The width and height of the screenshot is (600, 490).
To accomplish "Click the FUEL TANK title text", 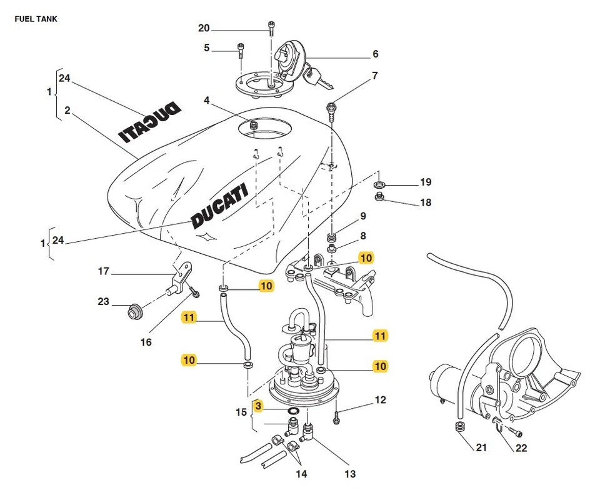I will coord(36,19).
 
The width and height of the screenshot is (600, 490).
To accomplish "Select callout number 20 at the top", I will coord(204,28).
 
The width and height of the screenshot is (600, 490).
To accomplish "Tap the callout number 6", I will coord(375,54).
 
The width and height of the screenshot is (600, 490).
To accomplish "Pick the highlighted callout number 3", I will coord(258,406).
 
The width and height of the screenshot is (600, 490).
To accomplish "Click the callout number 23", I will coord(103,302).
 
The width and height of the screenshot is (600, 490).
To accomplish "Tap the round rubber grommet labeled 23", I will coord(132,311).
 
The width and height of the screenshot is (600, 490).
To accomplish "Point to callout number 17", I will coord(103,271).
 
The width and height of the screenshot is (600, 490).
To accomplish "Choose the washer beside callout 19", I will coord(379,186).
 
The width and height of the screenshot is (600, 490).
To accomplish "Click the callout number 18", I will coord(425,202).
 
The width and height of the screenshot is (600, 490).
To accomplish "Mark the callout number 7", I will coord(375,76).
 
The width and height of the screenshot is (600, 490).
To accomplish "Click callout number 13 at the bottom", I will coord(349,474).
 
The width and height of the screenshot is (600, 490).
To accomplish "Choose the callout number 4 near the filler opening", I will coord(207,100).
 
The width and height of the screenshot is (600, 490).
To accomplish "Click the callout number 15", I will coord(241,412).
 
